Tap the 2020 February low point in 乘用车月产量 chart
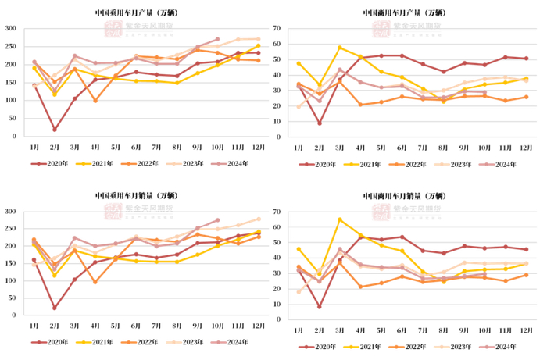[x=55, y=130]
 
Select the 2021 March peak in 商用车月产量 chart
[x=339, y=48]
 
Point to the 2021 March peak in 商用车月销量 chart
[x=339, y=219]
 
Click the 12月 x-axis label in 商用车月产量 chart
[x=525, y=147]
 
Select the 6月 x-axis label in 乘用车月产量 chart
[x=136, y=147]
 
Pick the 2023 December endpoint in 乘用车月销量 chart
[x=258, y=219]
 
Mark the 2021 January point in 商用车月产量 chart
[x=299, y=62]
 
